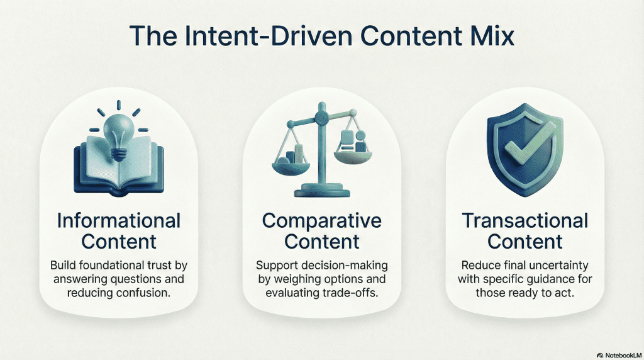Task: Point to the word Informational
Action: [119, 221]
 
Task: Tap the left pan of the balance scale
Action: [291, 164]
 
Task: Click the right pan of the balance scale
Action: [353, 155]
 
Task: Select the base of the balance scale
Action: [322, 191]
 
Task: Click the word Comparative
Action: [322, 221]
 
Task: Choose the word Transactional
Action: [525, 221]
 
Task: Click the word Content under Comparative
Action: [322, 242]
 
